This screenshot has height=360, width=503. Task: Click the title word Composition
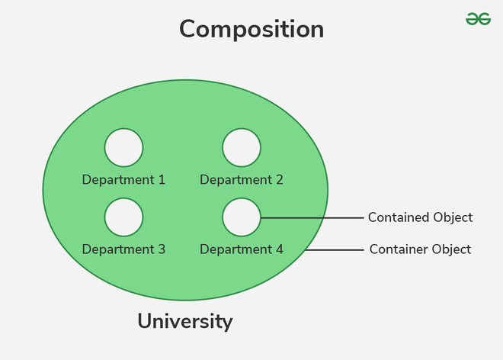point(251,30)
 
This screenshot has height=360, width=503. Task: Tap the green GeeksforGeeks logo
point(478,18)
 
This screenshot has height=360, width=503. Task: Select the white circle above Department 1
point(123,147)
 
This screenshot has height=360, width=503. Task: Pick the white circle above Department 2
point(242,147)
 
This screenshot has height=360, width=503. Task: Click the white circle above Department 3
point(123,217)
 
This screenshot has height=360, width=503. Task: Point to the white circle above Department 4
point(242,217)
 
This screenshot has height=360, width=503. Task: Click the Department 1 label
point(123,180)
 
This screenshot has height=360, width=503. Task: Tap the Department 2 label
point(242,180)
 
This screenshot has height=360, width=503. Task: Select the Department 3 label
point(123,249)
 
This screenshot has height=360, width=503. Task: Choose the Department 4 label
point(242,249)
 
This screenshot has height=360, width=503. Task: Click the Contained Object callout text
point(420,217)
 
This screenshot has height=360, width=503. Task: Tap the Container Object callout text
point(420,249)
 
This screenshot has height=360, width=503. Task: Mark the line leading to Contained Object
point(312,217)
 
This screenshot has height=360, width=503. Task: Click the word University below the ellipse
point(185,321)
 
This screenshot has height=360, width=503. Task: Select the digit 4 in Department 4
point(279,249)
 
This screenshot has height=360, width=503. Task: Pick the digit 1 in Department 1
point(162,180)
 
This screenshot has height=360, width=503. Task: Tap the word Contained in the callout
point(398,217)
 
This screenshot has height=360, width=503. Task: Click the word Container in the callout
point(398,249)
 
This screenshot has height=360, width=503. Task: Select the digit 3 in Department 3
point(161,249)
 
